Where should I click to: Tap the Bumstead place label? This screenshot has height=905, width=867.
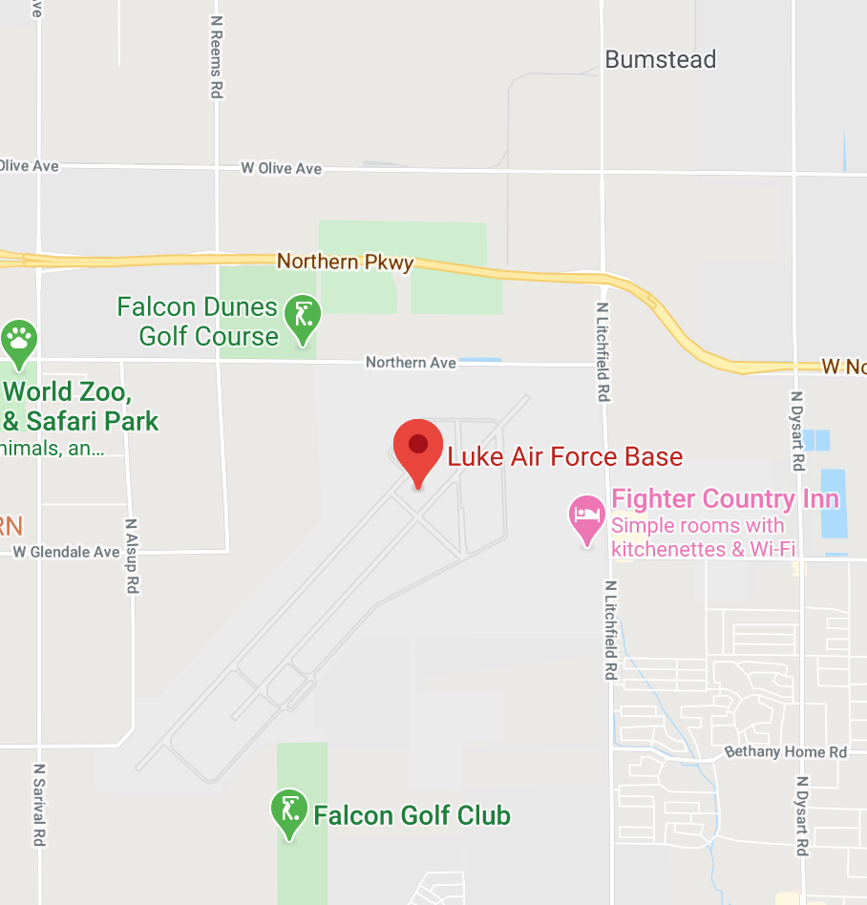[661, 60]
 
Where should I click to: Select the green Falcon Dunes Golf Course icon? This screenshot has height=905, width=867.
[304, 316]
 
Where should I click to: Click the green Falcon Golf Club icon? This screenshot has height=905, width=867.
[288, 811]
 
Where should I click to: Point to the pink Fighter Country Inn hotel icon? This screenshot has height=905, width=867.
[586, 517]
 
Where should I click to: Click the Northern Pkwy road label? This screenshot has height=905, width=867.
[345, 262]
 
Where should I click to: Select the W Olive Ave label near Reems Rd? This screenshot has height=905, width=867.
[281, 168]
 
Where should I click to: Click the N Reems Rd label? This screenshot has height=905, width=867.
[218, 58]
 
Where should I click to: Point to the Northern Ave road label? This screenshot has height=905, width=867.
[411, 363]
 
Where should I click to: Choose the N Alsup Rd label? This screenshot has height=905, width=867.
[133, 558]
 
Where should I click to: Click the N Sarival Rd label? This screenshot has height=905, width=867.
[40, 804]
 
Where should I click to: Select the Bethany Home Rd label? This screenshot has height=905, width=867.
[786, 752]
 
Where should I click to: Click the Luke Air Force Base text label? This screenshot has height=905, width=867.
[565, 457]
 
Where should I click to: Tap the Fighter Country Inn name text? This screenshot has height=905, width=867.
[725, 498]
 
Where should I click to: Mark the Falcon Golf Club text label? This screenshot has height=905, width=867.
[412, 816]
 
